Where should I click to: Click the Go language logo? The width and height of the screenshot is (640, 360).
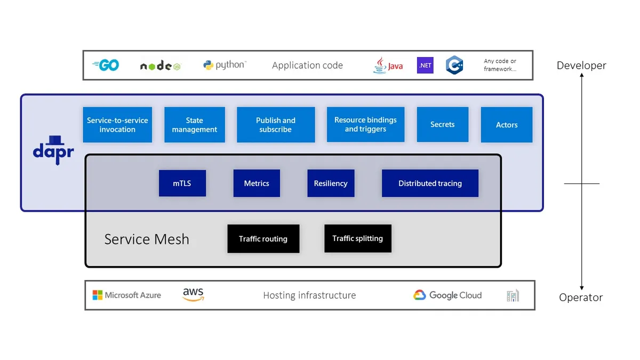point(106,65)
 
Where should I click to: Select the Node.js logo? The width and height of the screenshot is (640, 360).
point(160,66)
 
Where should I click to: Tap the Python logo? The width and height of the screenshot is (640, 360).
point(224,65)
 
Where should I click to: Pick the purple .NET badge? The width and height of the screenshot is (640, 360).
point(425,65)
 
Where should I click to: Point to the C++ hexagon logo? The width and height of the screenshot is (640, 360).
point(454,65)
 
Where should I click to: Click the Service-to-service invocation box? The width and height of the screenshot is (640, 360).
point(117,125)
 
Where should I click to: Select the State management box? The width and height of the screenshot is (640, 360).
point(194,125)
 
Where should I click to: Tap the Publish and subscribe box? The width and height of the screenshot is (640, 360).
point(276,125)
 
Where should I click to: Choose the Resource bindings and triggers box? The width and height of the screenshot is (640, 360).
point(365,124)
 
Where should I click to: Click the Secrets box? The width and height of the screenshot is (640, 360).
point(443,124)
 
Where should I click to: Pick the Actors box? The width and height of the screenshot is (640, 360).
point(507,125)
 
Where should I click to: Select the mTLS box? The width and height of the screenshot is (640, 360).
point(182,183)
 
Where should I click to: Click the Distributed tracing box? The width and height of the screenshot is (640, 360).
point(430,183)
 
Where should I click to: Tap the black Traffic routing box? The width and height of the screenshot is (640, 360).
point(263,238)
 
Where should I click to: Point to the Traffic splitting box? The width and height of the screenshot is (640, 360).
point(357,238)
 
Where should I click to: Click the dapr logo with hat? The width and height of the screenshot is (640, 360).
point(53,149)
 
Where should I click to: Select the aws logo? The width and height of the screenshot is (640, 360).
point(193,294)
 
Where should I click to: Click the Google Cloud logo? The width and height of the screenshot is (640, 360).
point(447,295)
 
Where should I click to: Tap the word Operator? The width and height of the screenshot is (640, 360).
point(581,298)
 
